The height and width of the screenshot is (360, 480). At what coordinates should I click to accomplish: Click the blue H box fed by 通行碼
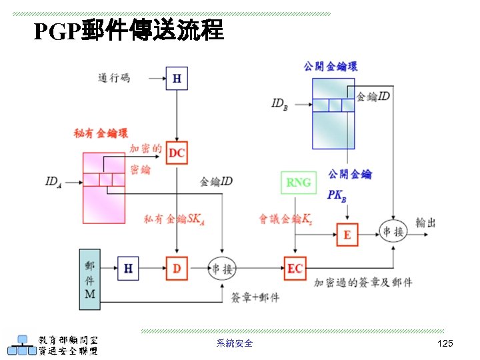click(x=177, y=79)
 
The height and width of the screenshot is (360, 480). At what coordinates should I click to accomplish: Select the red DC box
click(x=177, y=153)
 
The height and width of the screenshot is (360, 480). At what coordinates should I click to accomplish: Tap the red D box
click(x=177, y=268)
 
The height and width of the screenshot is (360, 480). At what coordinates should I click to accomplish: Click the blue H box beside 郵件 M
click(x=128, y=268)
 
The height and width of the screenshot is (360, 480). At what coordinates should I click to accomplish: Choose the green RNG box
click(x=298, y=183)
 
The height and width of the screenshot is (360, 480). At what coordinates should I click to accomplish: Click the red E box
click(x=347, y=235)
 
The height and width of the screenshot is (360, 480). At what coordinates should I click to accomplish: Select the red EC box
click(x=295, y=268)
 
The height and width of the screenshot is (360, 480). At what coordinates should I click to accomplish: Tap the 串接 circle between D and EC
click(x=221, y=268)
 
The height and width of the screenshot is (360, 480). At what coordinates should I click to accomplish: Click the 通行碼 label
click(x=115, y=79)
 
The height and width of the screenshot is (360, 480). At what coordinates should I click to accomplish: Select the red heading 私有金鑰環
click(x=100, y=133)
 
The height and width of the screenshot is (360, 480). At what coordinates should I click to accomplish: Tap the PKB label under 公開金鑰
click(x=337, y=195)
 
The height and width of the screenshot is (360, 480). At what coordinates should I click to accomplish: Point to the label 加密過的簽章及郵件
click(x=363, y=283)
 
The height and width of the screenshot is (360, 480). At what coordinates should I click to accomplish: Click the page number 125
click(x=445, y=343)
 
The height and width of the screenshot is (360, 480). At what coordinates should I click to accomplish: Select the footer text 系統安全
click(x=235, y=343)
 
